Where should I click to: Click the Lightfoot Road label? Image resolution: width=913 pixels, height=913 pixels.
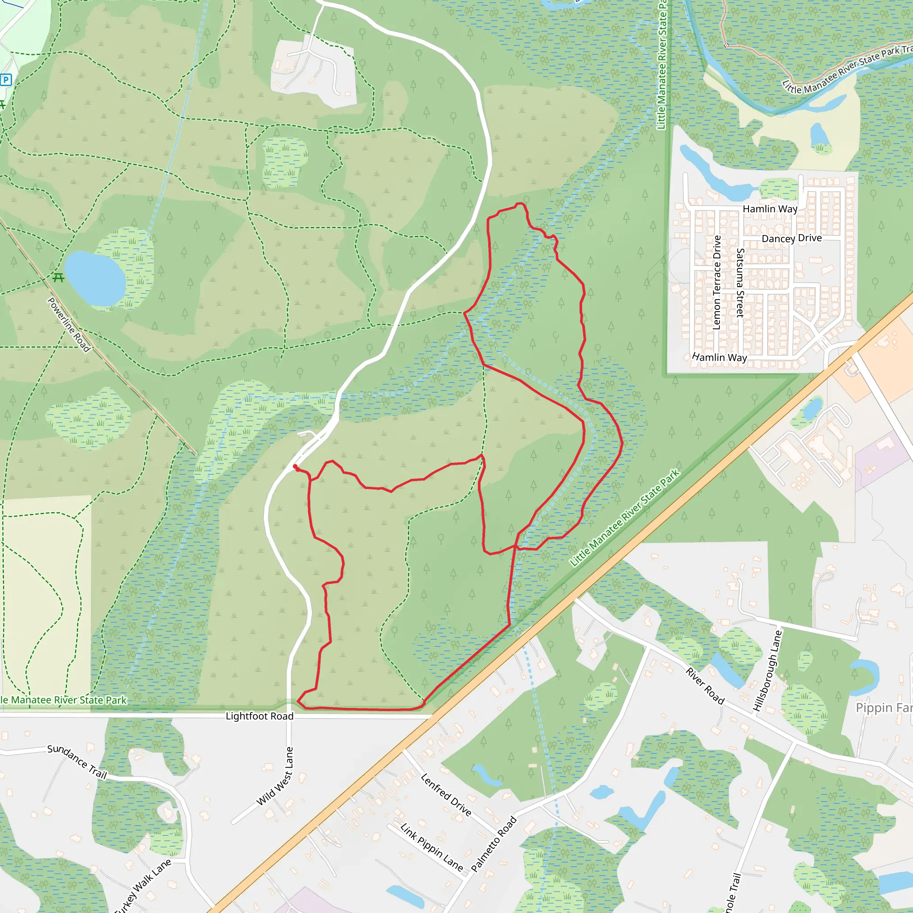(259, 716)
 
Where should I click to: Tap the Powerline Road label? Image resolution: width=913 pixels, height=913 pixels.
(69, 324)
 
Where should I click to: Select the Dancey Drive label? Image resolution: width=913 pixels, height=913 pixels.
(792, 238)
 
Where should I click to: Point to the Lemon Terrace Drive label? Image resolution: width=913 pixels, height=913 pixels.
(716, 283)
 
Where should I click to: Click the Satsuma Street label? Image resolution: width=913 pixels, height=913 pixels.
(740, 283)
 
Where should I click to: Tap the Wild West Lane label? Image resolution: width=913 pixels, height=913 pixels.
(275, 777)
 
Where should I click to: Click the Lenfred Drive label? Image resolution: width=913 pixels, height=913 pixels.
(446, 795)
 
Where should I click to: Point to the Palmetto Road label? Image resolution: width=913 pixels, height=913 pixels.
(494, 844)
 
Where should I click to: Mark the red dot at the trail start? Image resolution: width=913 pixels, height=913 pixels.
(295, 466)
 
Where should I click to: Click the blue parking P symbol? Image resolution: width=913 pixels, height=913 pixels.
(6, 80)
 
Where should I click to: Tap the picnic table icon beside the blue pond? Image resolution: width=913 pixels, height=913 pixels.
(58, 277)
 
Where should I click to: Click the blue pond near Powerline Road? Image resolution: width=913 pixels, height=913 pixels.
(95, 278)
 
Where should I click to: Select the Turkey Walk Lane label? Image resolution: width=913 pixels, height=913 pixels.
(142, 886)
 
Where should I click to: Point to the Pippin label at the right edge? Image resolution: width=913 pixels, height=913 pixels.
(883, 707)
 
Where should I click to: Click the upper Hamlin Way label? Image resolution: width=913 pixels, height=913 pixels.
(770, 209)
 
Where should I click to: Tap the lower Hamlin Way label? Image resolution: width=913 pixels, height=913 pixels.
(719, 357)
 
